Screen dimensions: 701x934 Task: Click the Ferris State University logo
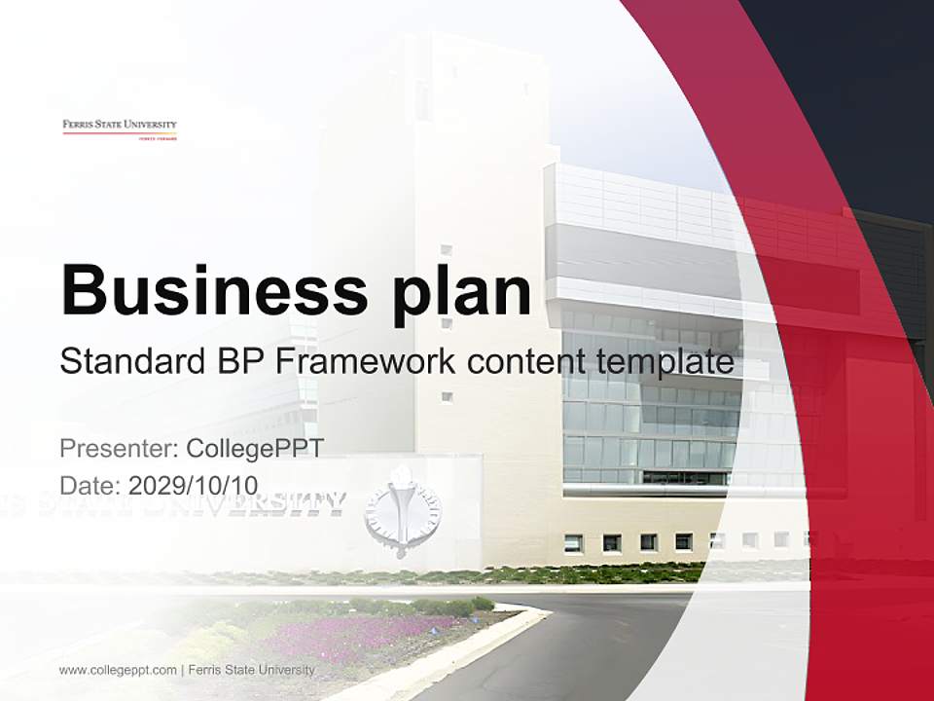(x=120, y=129)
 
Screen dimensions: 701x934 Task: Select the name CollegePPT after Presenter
(x=254, y=449)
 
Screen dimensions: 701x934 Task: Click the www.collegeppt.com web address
(x=118, y=670)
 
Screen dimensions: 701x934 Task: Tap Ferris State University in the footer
(x=251, y=670)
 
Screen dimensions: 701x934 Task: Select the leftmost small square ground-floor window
(x=573, y=542)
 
